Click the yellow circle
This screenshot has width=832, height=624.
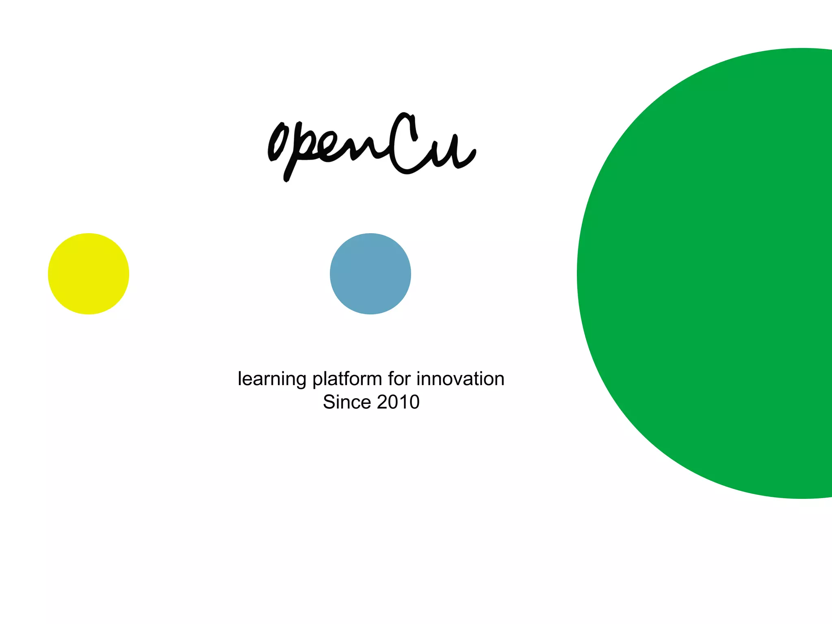tap(89, 274)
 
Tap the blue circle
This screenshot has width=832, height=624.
tap(370, 274)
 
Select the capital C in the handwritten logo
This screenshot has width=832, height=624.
tap(402, 144)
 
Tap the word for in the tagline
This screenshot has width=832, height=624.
tap(400, 379)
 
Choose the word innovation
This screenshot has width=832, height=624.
tap(460, 379)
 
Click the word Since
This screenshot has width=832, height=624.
tap(347, 402)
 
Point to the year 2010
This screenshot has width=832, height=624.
tap(398, 402)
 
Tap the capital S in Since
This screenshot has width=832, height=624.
tap(329, 402)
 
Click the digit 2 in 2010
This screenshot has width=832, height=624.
tap(382, 402)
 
